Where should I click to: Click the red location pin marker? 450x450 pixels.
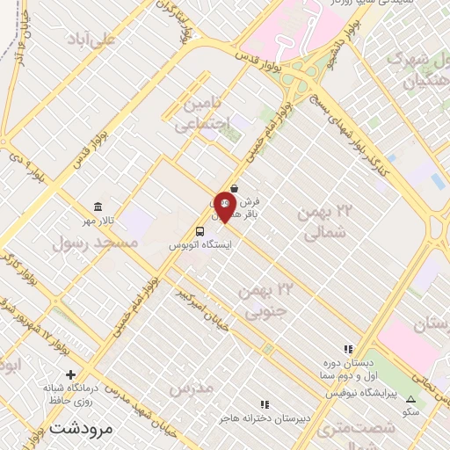click(x=223, y=207)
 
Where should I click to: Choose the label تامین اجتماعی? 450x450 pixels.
click(x=201, y=114)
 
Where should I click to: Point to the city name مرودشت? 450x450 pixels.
click(x=83, y=429)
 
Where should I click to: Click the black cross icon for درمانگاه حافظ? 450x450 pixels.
click(x=71, y=373)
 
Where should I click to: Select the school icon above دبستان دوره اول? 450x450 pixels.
click(x=348, y=350)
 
